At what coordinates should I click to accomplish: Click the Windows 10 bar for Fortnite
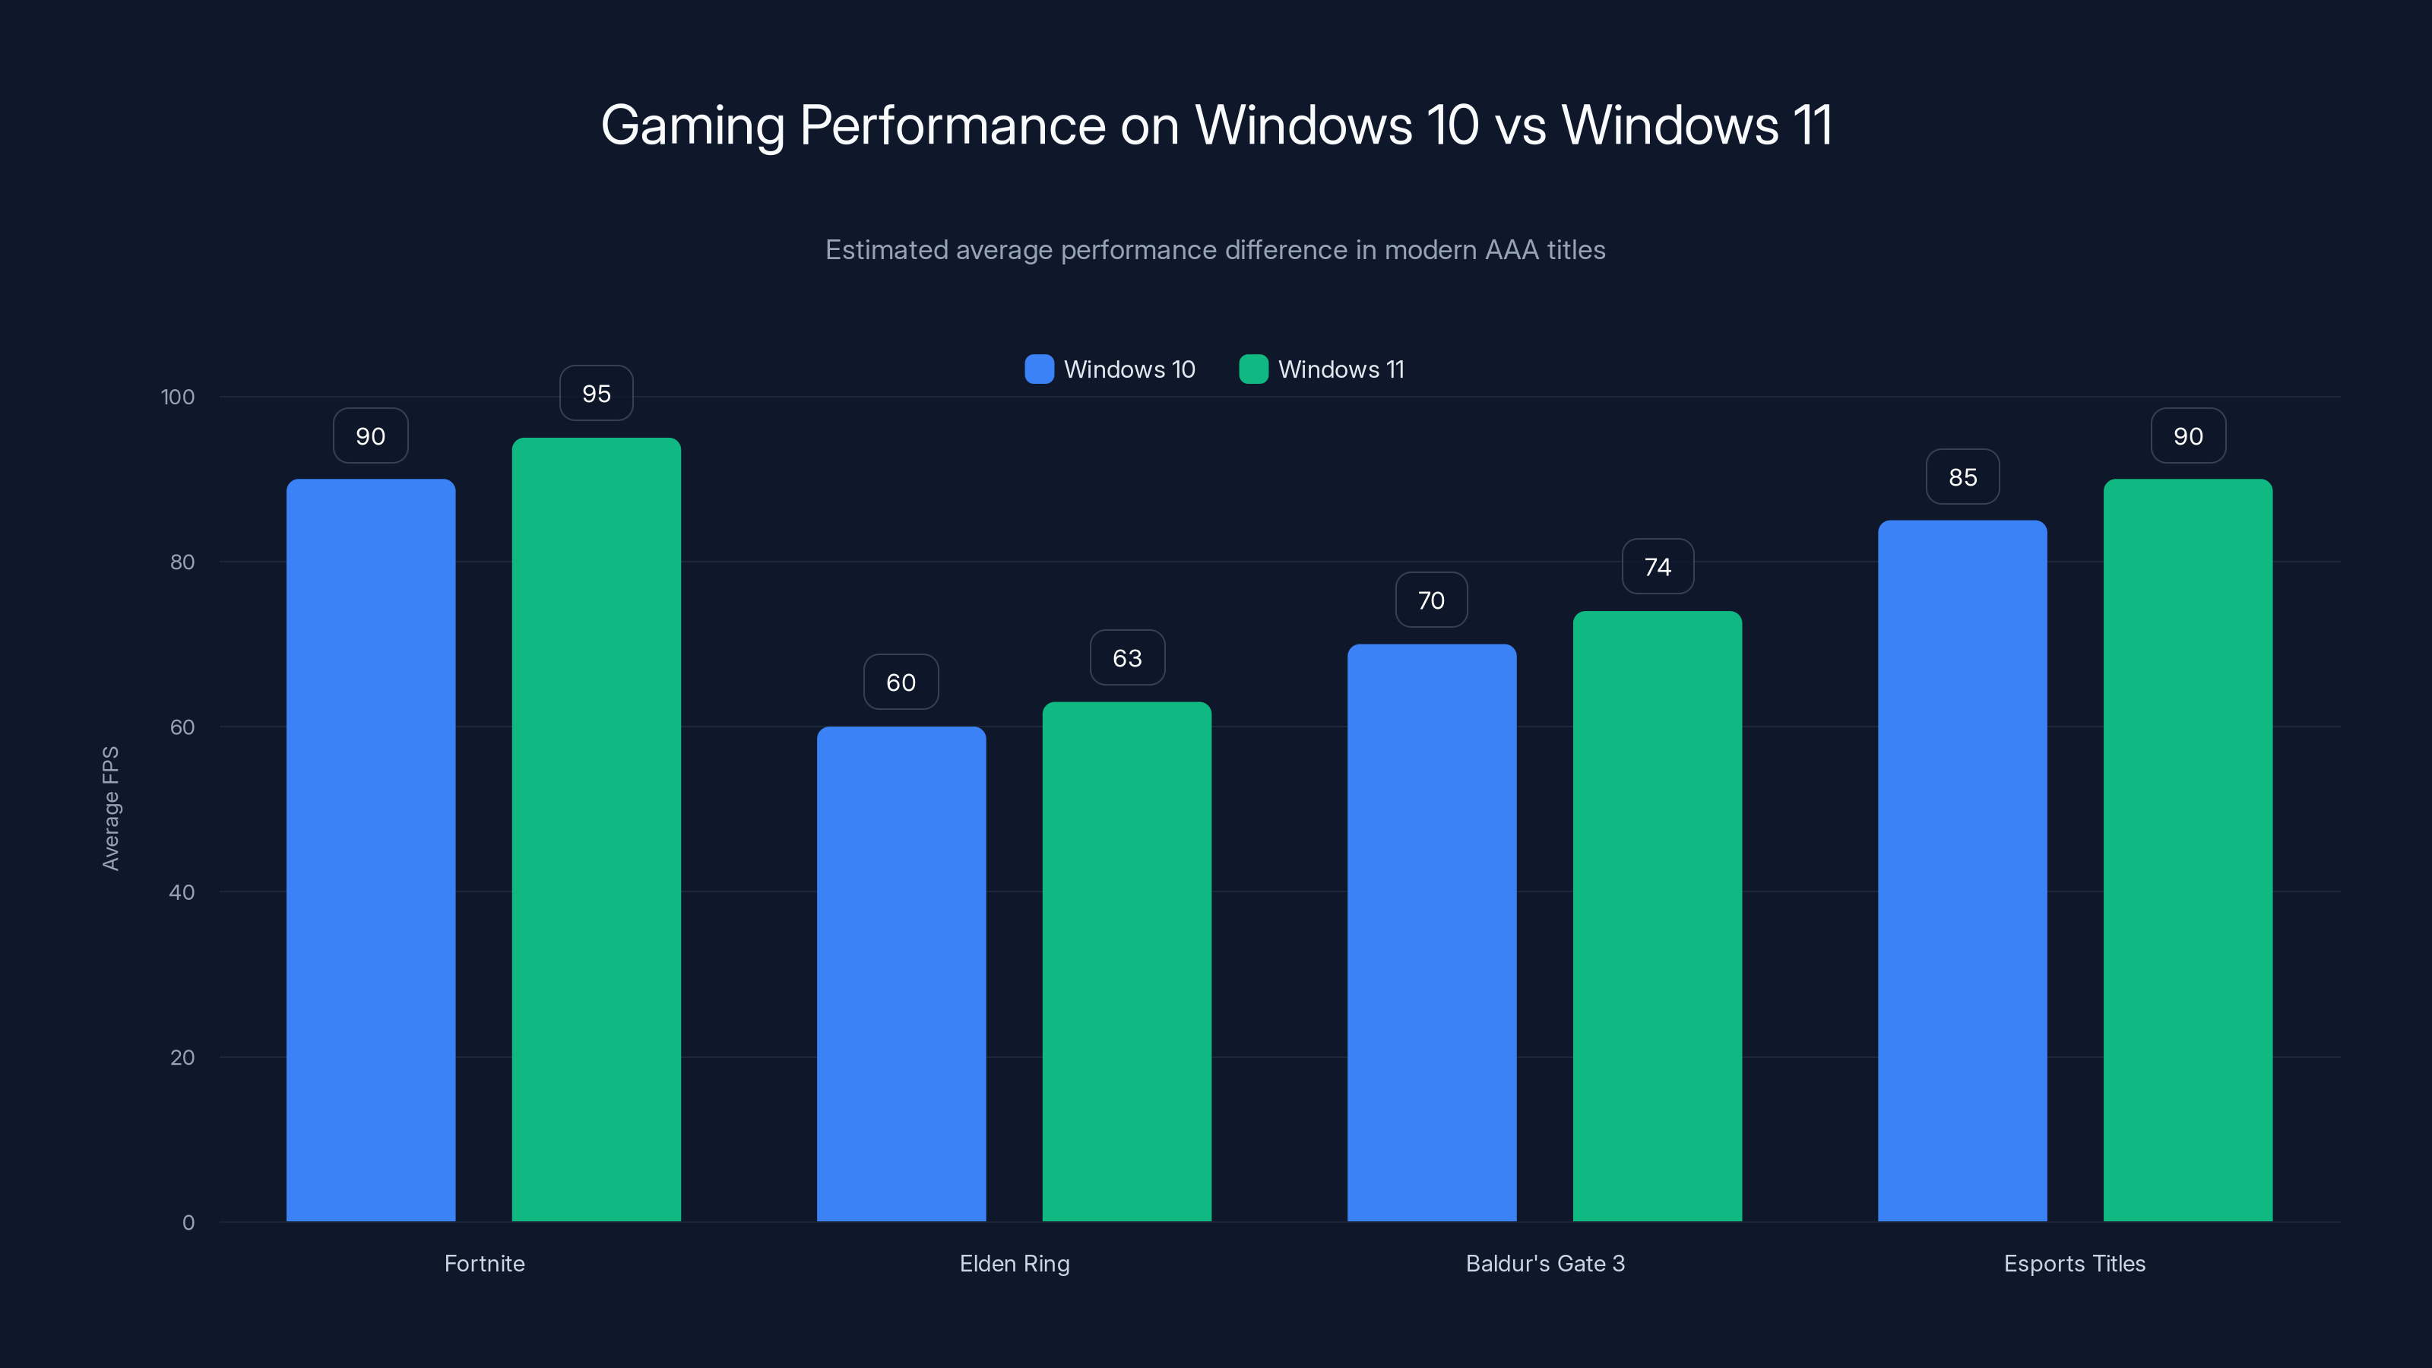point(370,850)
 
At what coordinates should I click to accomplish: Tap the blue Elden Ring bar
point(901,974)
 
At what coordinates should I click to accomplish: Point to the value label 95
point(596,394)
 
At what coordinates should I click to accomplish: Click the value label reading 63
point(1126,658)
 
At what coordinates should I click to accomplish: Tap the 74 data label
point(1657,566)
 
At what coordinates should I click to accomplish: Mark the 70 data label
point(1431,600)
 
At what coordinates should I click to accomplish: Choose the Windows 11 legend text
point(1341,369)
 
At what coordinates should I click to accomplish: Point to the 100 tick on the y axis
point(178,397)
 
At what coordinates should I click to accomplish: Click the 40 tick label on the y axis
point(182,892)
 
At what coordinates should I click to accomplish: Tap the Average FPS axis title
point(110,808)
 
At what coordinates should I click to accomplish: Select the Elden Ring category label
point(1014,1263)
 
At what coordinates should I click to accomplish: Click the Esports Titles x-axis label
point(2074,1263)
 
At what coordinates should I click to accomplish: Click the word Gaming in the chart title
point(692,125)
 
